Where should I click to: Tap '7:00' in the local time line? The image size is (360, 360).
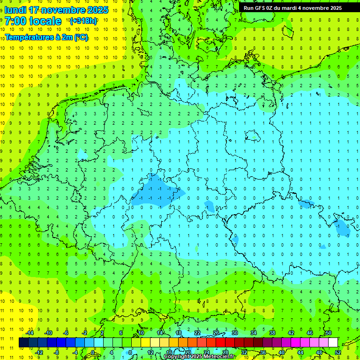pyautogui.click(x=15, y=21)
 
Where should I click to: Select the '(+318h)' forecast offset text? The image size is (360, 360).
pyautogui.click(x=83, y=21)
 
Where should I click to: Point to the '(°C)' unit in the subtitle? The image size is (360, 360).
pyautogui.click(x=79, y=37)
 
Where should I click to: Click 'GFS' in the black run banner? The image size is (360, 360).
pyautogui.click(x=260, y=8)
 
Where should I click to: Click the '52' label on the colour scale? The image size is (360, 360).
pyautogui.click(x=337, y=352)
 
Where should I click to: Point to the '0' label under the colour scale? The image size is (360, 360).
pyautogui.click(x=93, y=352)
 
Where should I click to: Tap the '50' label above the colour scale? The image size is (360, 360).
pyautogui.click(x=328, y=333)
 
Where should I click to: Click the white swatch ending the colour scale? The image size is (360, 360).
pyautogui.click(x=333, y=343)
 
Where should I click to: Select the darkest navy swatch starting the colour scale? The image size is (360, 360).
pyautogui.click(x=23, y=343)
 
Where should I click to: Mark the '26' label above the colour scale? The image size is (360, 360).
pyautogui.click(x=216, y=333)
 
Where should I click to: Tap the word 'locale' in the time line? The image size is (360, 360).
pyautogui.click(x=45, y=21)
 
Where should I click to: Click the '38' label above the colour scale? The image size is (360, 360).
pyautogui.click(x=272, y=333)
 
